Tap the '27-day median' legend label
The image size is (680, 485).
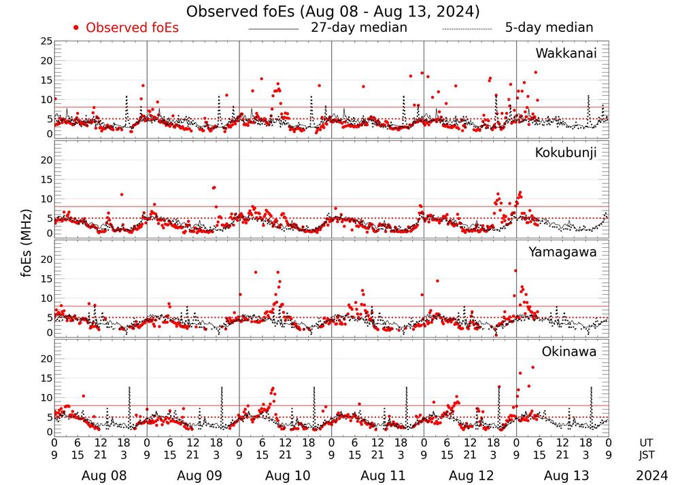[x=359, y=28]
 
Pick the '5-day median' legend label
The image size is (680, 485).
[x=549, y=28]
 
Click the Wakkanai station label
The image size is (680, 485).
[x=566, y=54]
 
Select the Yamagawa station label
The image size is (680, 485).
[x=562, y=252]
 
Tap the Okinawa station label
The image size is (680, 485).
[x=568, y=352]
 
